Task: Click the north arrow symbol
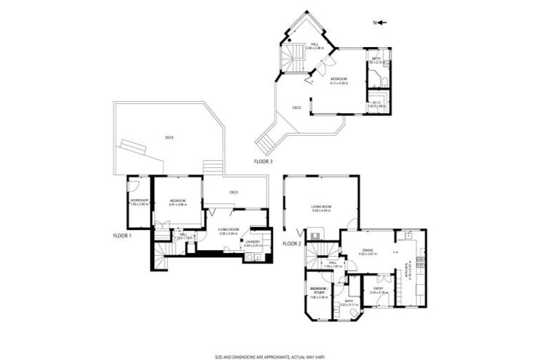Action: pyautogui.click(x=381, y=22)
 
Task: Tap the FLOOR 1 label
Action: pyautogui.click(x=122, y=236)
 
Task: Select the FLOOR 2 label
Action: pyautogui.click(x=292, y=243)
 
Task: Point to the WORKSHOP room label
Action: pyautogui.click(x=139, y=202)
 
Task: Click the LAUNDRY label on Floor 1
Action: pyautogui.click(x=252, y=242)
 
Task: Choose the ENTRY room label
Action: pyautogui.click(x=378, y=288)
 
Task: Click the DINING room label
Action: pyautogui.click(x=368, y=250)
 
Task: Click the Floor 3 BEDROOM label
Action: pyautogui.click(x=340, y=79)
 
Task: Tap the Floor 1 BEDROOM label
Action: pyautogui.click(x=177, y=202)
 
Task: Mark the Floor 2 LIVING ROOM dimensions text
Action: pyautogui.click(x=322, y=210)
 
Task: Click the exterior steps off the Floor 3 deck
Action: pyautogui.click(x=265, y=144)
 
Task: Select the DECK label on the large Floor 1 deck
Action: pyautogui.click(x=169, y=137)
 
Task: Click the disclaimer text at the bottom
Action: pyautogui.click(x=270, y=356)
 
